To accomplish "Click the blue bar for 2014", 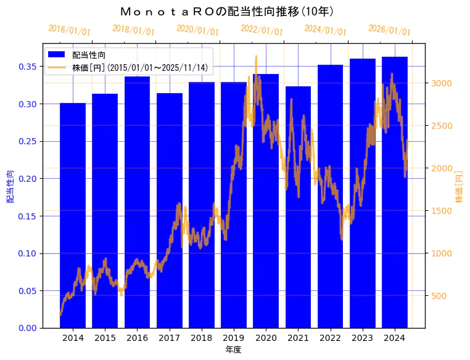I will (x=73, y=216).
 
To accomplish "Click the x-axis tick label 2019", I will (x=234, y=338).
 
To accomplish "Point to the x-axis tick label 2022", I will (x=330, y=338).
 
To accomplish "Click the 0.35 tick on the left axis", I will (x=27, y=67).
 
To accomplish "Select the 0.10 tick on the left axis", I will (x=27, y=253).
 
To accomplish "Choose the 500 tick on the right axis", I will (x=438, y=296).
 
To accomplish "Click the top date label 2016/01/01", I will (x=69, y=30).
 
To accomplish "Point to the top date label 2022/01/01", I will (x=262, y=30).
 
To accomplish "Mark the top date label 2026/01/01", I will (x=390, y=30).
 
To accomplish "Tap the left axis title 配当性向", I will (x=10, y=187).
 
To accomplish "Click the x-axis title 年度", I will (x=233, y=350).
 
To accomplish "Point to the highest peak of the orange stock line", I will (x=256, y=56).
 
